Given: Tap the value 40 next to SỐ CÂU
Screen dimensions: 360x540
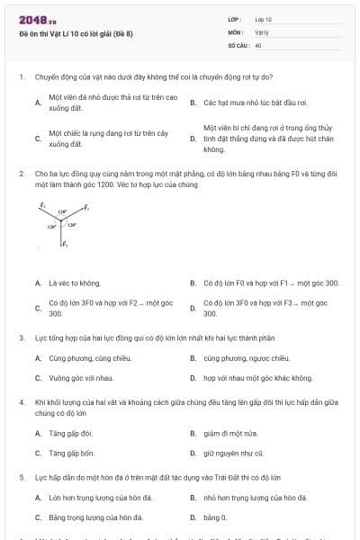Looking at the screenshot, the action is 258,44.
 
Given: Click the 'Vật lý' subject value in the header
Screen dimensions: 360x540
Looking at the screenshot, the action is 261,31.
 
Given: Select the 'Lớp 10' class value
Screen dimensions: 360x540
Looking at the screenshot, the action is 263,19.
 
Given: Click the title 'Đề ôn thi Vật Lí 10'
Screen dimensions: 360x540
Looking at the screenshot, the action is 76,33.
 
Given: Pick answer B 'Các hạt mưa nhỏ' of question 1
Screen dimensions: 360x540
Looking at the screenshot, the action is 243,103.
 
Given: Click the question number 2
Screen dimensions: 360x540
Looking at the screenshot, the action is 21,173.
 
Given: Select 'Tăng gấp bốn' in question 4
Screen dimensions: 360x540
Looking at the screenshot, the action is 71,454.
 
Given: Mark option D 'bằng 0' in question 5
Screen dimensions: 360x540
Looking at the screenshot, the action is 215,517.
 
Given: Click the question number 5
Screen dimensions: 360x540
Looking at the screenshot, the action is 21,477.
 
